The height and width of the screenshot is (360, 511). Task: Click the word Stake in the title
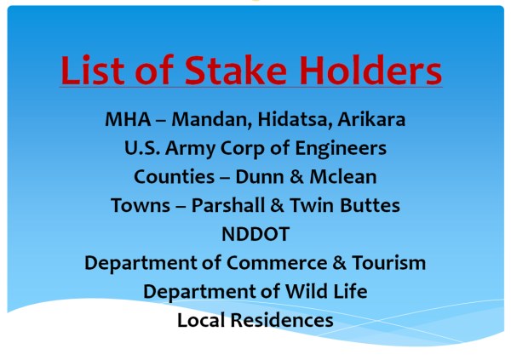point(236,70)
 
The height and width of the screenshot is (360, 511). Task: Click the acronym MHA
point(128,119)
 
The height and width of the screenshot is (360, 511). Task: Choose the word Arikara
point(371,119)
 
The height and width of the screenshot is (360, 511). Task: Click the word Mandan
point(212,120)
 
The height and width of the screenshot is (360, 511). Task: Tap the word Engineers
point(341,149)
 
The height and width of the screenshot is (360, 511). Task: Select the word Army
point(190,149)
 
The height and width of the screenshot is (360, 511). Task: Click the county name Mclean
point(343,177)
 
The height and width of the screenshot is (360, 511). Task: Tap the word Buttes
point(370,206)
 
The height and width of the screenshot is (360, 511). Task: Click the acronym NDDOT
point(255,234)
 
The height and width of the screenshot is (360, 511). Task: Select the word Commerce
point(277,263)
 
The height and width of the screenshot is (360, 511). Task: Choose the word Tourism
point(389,263)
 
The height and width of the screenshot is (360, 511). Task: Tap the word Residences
point(282,320)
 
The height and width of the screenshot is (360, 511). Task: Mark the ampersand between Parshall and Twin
point(277,206)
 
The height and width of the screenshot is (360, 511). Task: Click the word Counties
point(175,177)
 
